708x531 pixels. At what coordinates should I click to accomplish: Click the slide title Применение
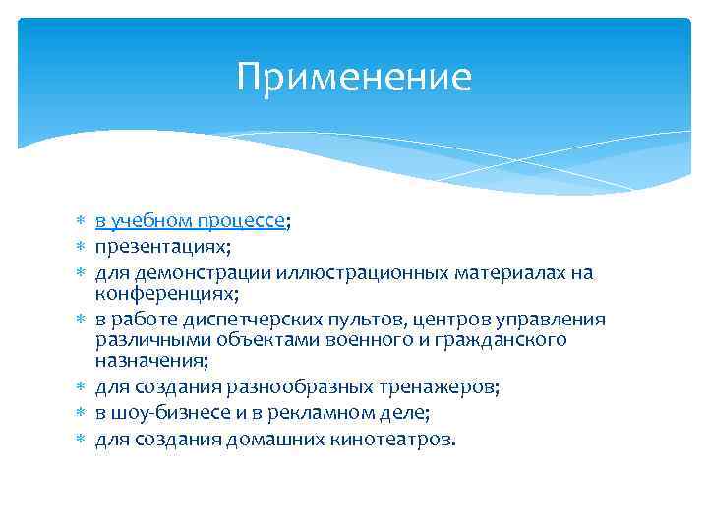(x=354, y=77)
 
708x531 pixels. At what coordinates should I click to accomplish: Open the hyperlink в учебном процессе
(x=190, y=221)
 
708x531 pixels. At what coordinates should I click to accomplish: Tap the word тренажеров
(x=442, y=387)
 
